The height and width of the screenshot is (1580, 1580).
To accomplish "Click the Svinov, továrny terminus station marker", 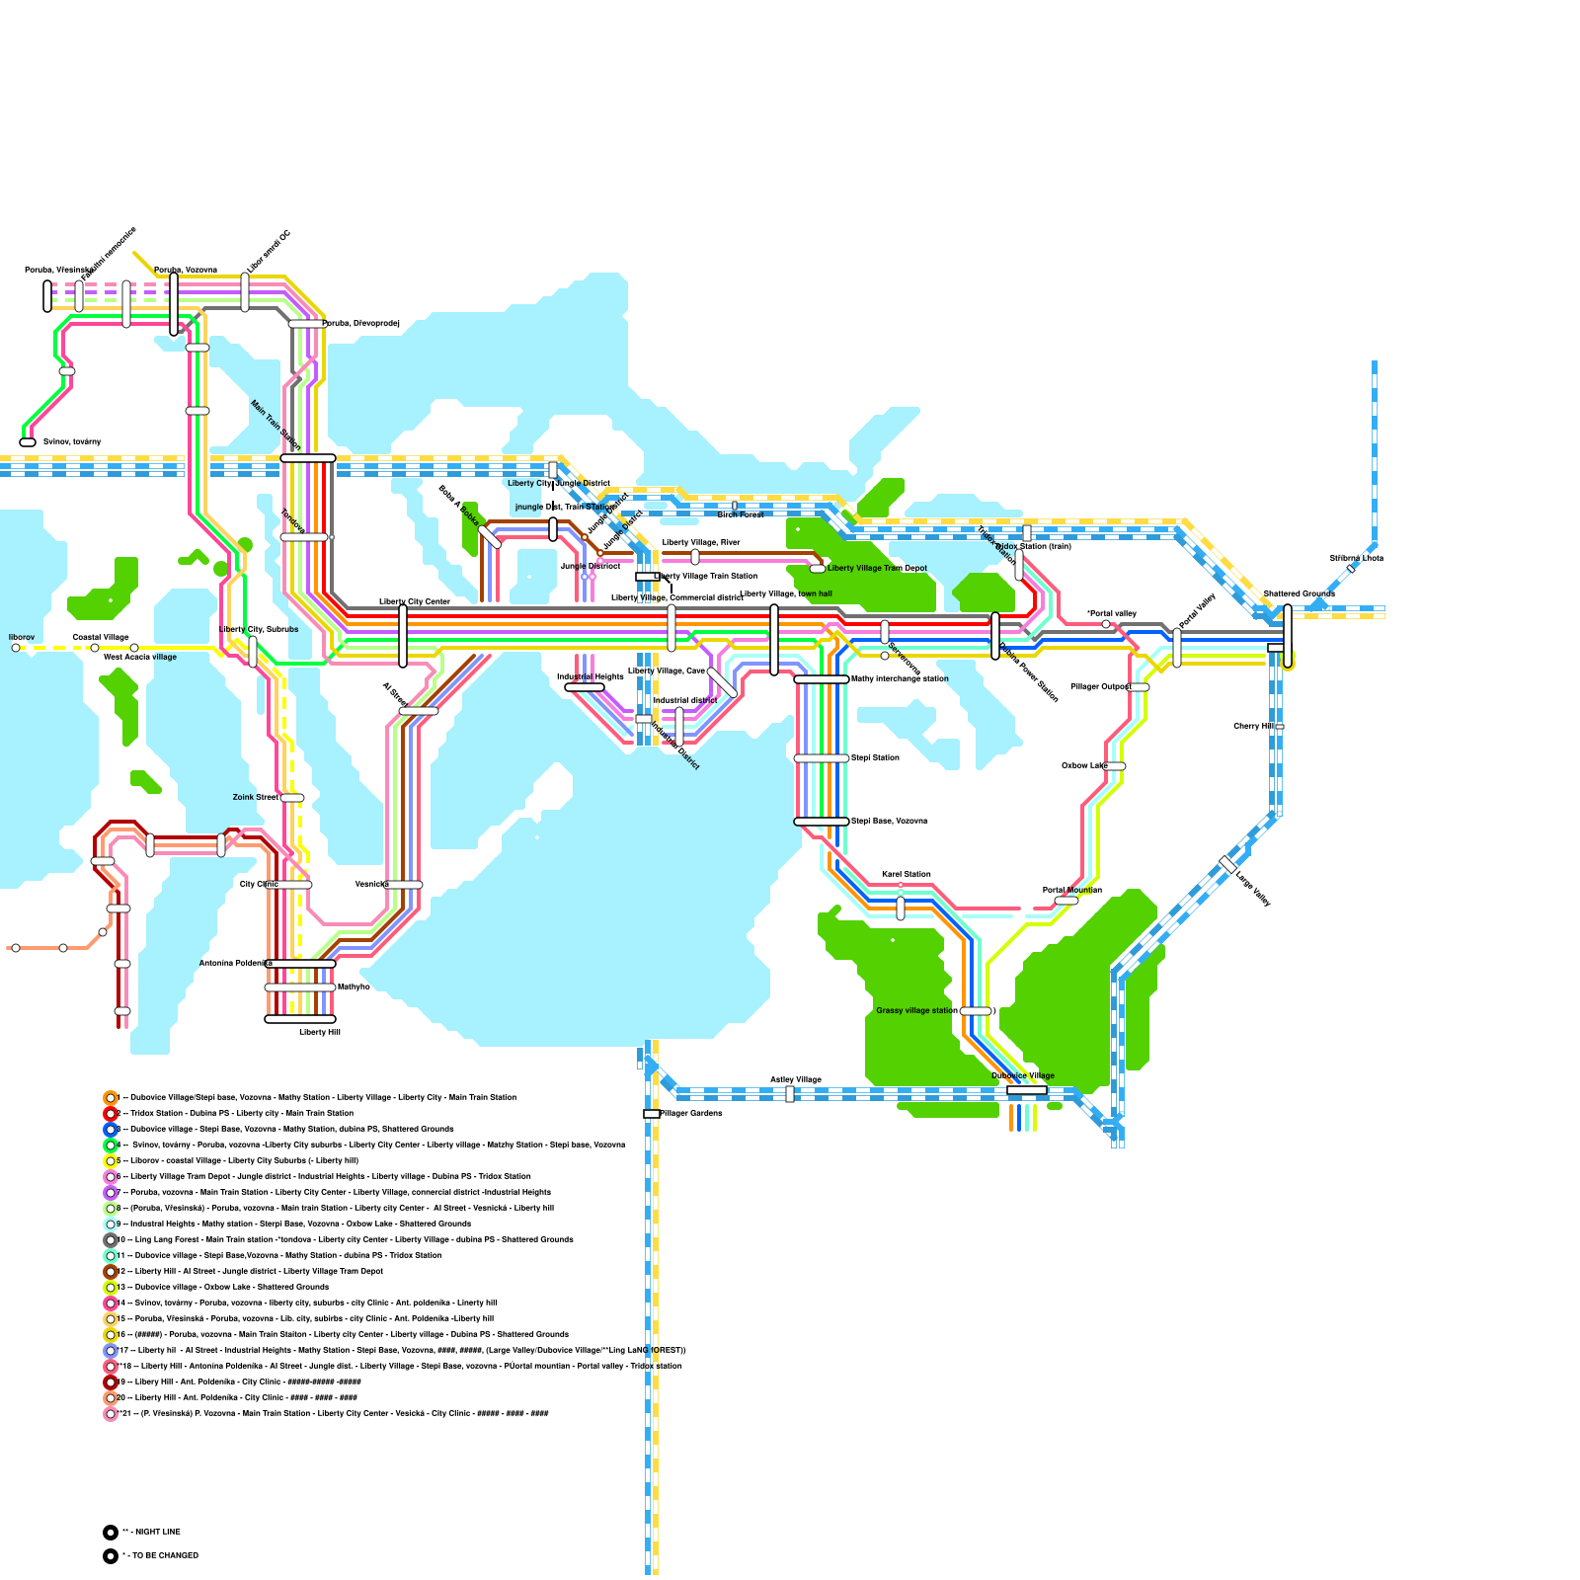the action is pos(28,442).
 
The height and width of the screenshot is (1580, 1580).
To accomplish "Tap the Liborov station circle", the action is pos(16,648).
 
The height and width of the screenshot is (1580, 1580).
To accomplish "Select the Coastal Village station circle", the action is pos(95,648).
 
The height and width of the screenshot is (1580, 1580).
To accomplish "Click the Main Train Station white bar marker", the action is pos(308,458).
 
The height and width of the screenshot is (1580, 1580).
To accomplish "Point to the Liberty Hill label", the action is pos(320,1032).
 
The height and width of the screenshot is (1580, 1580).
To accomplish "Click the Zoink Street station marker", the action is pos(292,798).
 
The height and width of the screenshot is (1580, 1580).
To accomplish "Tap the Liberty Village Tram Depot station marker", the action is pos(818,569).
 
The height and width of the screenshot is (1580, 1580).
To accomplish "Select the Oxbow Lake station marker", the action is pos(1115,766).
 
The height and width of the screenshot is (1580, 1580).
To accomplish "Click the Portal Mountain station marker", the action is pos(1066,901).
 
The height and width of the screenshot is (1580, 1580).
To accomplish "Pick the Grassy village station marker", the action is pos(976,1011).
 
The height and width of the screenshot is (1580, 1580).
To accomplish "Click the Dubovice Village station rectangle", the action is pos(1027,1090).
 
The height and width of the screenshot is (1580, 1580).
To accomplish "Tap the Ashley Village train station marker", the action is pos(790,1094).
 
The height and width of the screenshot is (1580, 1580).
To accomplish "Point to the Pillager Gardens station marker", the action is pos(652,1114).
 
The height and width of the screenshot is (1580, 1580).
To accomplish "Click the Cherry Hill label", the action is pos(1253,727).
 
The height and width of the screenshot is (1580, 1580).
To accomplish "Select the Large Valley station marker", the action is pos(1227,864).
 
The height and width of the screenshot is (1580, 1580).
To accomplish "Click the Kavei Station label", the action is pos(906,874).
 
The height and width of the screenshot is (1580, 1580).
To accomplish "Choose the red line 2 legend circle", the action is pos(111,1114).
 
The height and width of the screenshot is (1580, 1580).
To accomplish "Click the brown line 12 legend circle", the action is pos(111,1272).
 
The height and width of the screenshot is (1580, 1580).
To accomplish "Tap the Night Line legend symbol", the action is pos(111,1533).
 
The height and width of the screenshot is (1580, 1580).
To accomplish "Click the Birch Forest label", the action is pos(740,514).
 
